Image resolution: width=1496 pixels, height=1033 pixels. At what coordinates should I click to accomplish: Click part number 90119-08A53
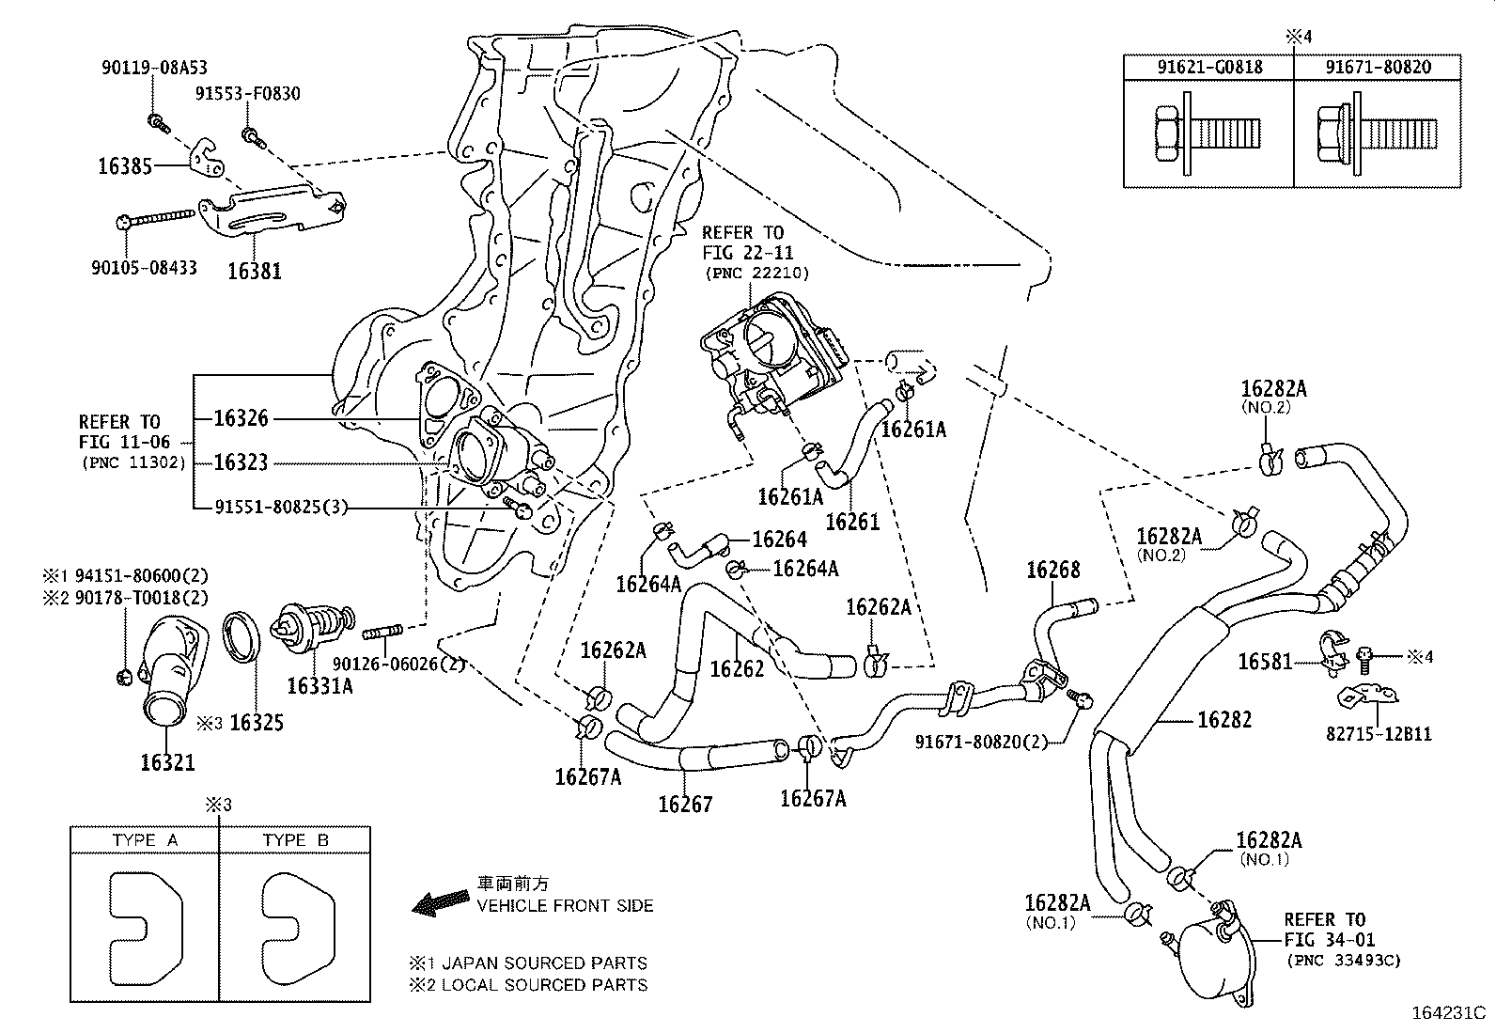point(154,68)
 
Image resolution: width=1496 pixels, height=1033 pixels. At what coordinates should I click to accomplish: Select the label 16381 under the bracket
point(254,271)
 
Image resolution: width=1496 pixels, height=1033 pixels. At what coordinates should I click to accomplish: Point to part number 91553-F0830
point(248,94)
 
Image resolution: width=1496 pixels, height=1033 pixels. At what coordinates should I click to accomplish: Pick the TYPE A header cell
point(145,840)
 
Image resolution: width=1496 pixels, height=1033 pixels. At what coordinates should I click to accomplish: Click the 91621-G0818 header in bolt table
point(1208,67)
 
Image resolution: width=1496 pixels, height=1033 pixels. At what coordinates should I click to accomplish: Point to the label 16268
point(1052,570)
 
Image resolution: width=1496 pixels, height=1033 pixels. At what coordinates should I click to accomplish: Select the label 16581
point(1265,661)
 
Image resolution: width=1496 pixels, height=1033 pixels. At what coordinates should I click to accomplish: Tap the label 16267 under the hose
point(685,804)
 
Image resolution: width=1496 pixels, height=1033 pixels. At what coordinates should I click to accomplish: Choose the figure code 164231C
point(1447,1014)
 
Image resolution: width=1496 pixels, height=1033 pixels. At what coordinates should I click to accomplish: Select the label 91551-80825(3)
point(281,508)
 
